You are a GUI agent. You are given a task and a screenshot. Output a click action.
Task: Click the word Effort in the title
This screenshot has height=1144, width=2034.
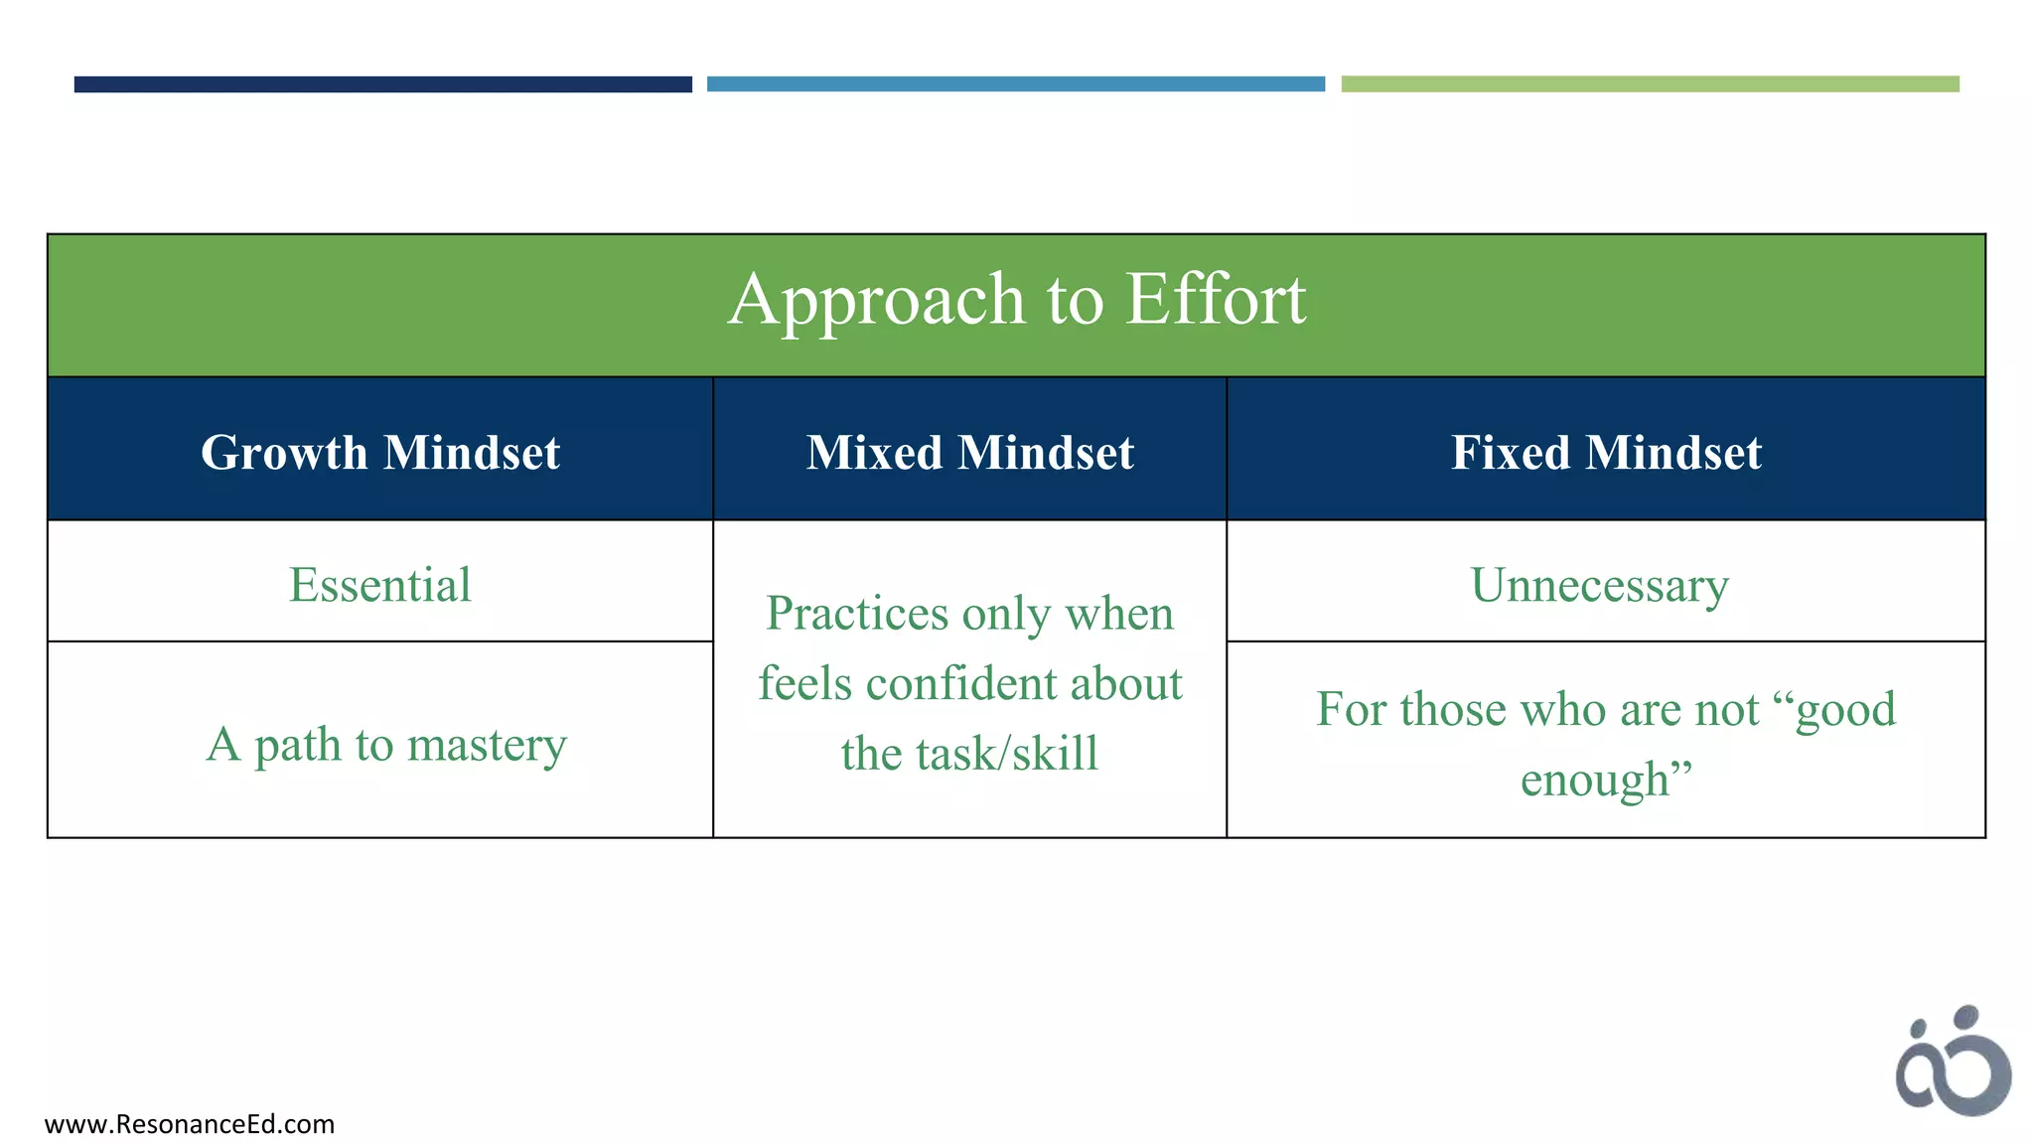click(1216, 299)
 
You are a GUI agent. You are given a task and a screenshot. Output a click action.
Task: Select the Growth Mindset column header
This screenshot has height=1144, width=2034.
click(380, 453)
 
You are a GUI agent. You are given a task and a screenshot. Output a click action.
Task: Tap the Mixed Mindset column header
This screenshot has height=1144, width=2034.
click(969, 453)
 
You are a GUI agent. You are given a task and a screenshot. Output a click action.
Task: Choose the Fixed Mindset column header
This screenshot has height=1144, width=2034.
click(1606, 453)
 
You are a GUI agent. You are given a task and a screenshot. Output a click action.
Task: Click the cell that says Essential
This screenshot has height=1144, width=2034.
click(380, 584)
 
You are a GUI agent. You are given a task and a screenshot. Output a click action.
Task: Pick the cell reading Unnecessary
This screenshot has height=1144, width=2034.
click(1599, 585)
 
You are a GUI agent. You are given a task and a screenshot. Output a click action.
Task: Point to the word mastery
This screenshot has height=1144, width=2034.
click(487, 745)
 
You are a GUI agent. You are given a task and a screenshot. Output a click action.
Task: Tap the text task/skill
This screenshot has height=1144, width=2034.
click(969, 753)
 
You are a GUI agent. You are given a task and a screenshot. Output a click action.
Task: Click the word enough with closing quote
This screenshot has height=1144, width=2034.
click(1605, 779)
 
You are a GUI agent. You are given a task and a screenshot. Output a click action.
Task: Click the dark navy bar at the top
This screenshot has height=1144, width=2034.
click(382, 84)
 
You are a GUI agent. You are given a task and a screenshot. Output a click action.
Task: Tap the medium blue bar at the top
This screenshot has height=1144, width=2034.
click(1015, 84)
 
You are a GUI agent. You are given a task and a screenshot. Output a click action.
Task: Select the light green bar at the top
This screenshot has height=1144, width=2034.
click(1650, 84)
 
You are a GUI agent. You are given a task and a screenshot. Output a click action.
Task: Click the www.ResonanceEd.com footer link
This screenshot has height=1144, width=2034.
click(190, 1124)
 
